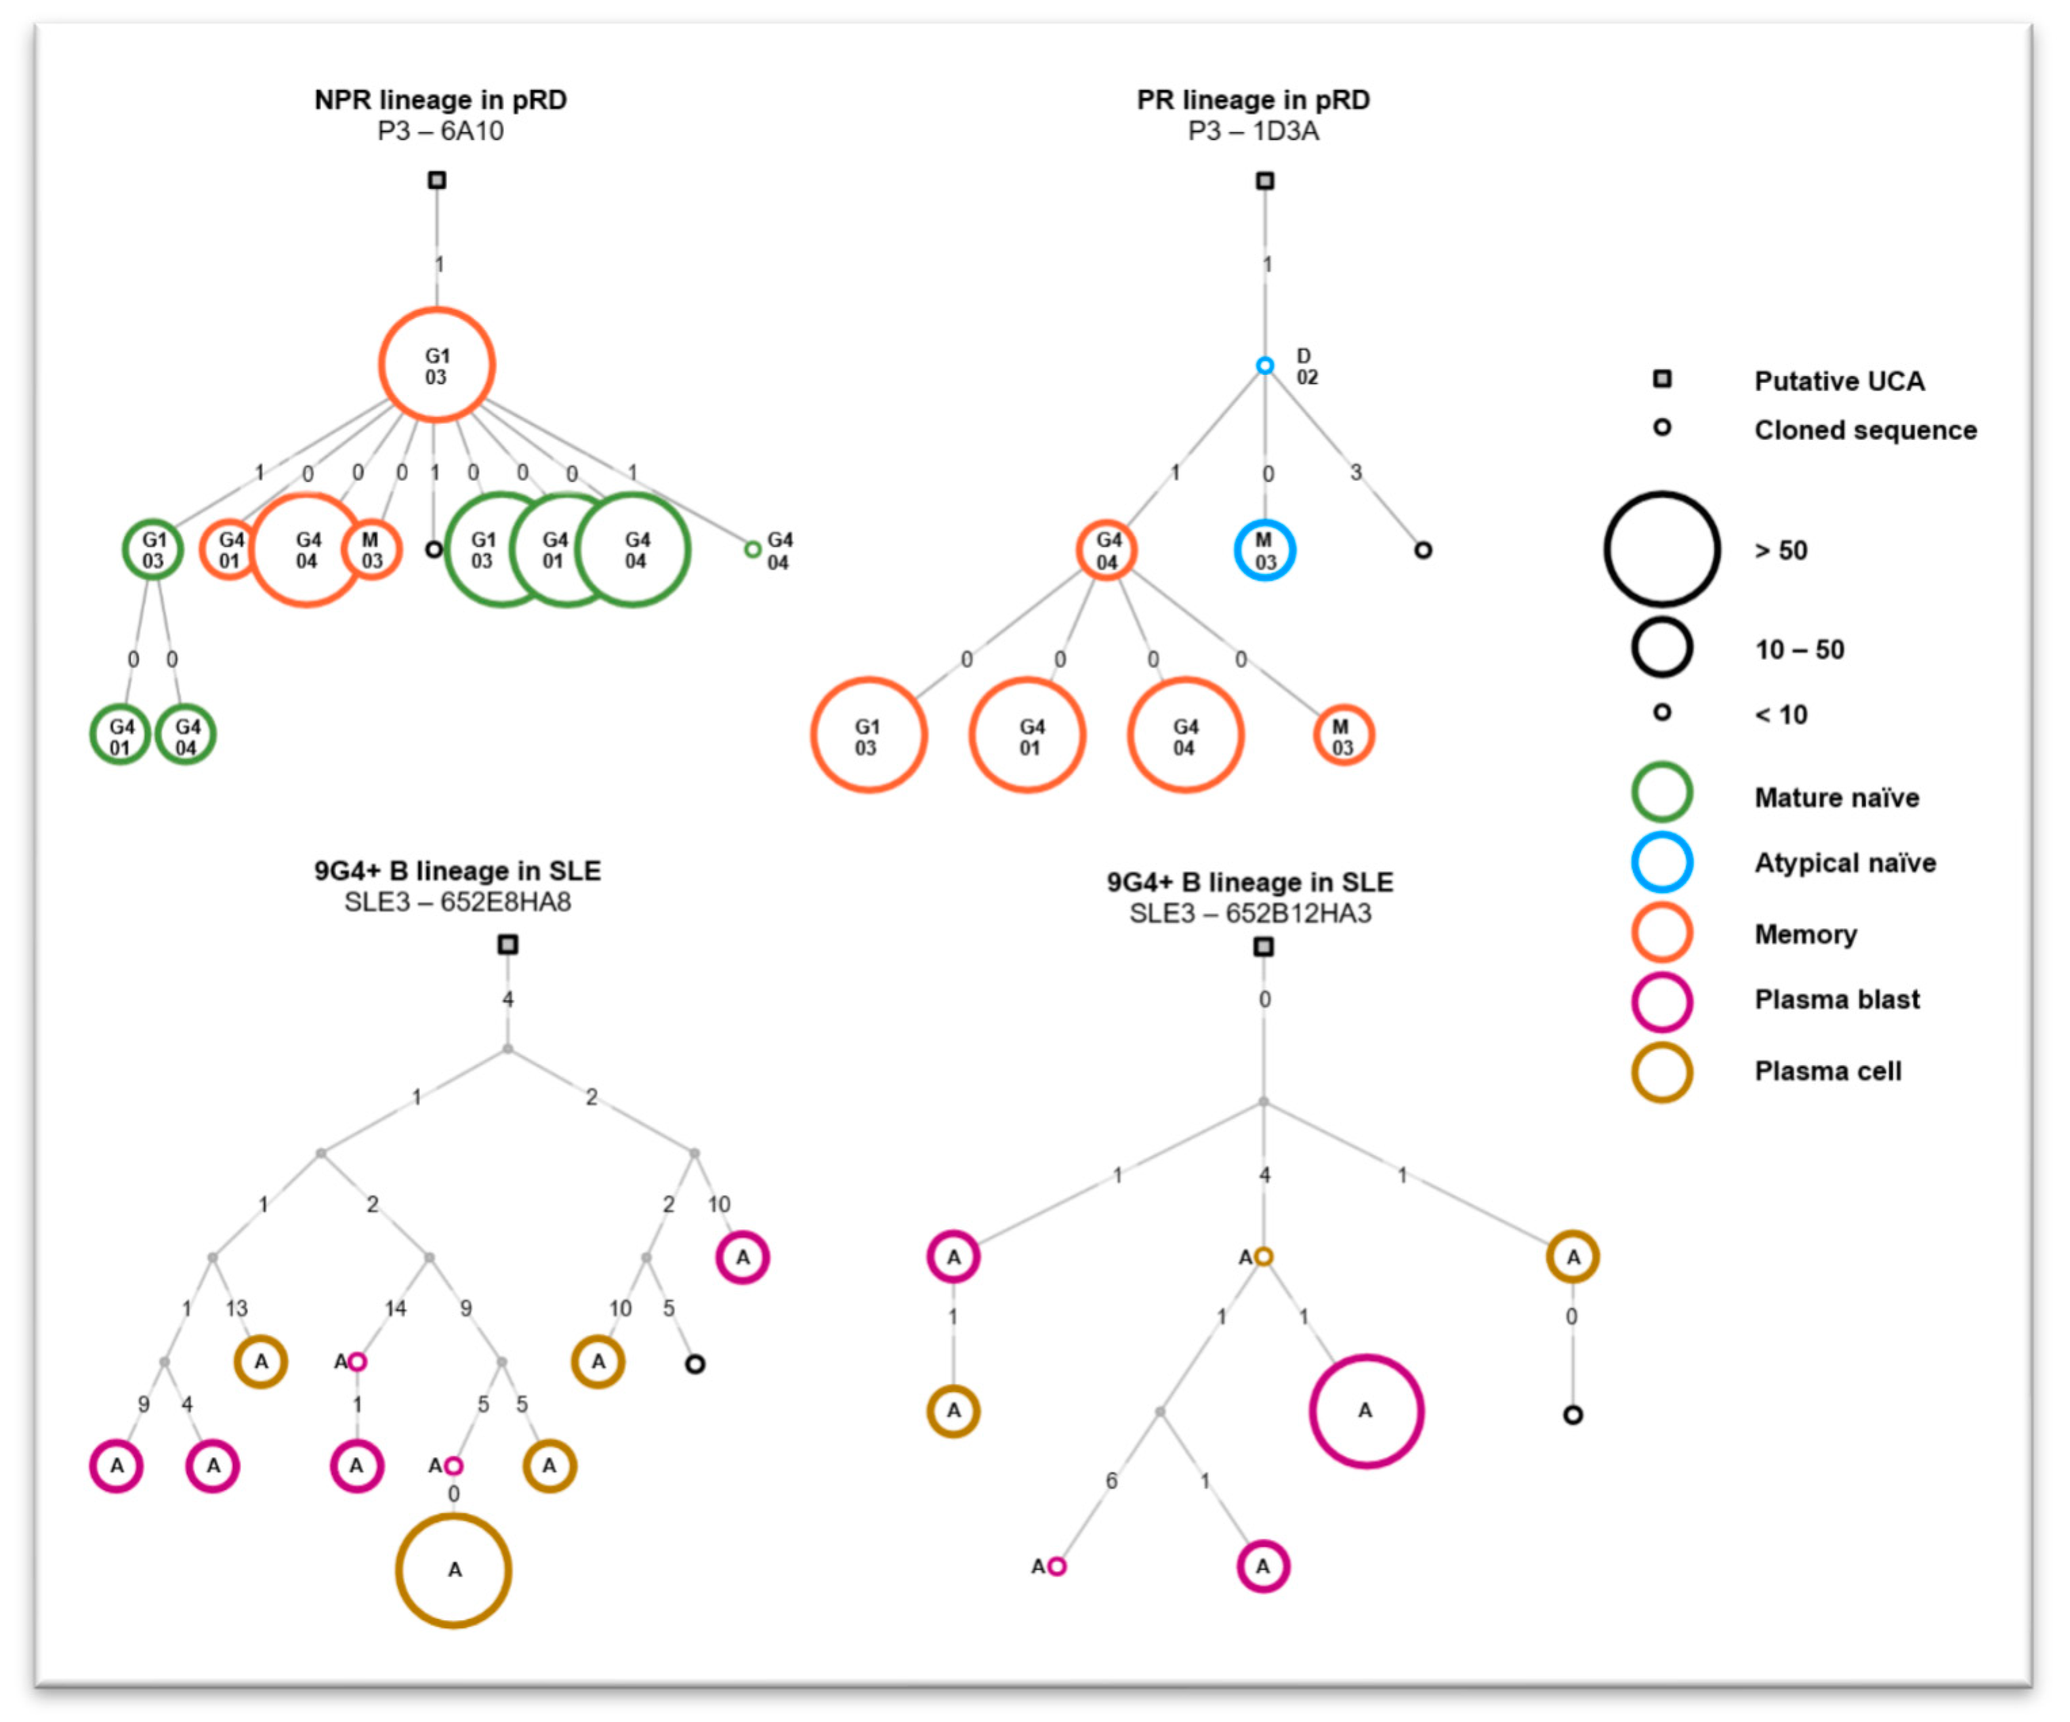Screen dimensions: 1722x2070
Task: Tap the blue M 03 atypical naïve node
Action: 1264,550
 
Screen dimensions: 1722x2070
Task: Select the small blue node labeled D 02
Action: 1264,366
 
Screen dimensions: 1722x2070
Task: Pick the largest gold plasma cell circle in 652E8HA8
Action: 453,1570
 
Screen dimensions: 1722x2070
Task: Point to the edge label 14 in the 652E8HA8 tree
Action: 395,1308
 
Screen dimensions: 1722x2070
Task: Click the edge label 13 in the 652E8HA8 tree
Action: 236,1308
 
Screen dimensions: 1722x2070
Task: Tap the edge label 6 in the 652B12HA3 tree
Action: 1111,1481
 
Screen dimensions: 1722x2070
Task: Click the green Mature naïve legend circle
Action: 1662,792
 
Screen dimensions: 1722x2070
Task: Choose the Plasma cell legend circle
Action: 1662,1072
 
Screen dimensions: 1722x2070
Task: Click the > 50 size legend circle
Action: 1662,549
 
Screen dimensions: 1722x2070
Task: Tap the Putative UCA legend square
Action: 1662,379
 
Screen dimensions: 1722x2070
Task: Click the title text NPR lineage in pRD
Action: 440,100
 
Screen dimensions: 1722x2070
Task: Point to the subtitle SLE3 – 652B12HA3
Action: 1250,914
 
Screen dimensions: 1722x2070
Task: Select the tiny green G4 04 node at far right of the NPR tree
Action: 752,549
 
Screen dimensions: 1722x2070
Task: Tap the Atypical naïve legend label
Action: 1844,863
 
